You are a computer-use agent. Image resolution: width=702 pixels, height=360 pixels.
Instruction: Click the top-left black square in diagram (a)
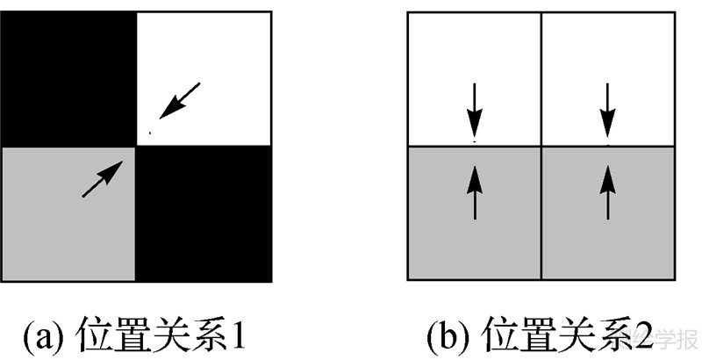pos(68,77)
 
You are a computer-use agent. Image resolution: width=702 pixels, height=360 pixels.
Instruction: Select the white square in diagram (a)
pos(204,77)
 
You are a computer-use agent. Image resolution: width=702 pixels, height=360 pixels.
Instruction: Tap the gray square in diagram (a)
pos(68,213)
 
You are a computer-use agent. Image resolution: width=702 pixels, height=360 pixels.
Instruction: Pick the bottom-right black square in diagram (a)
pos(204,213)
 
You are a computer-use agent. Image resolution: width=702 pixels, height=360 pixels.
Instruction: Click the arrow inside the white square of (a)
pos(180,100)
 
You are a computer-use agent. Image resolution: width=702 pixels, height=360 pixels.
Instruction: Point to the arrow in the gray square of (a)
pos(102,178)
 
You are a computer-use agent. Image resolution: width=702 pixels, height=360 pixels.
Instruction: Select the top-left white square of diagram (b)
pos(475,79)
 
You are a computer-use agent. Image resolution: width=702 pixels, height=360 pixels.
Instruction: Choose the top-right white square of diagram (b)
pos(608,79)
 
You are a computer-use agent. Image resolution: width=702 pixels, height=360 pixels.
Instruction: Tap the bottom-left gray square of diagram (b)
pos(475,212)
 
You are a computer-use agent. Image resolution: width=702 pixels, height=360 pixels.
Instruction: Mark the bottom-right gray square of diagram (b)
pos(608,212)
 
